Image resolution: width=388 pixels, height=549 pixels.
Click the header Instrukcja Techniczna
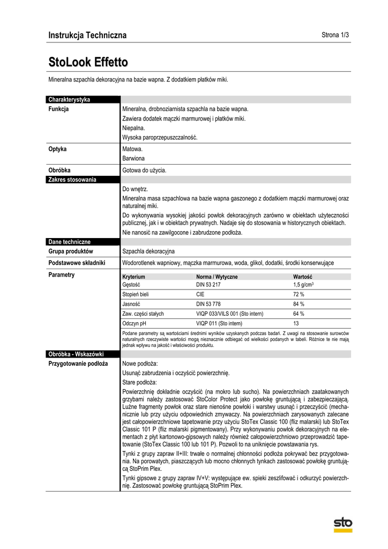87,35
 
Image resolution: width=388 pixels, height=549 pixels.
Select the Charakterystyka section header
69,100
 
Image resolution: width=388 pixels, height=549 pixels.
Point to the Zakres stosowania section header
72,180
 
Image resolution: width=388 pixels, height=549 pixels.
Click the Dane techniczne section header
70,242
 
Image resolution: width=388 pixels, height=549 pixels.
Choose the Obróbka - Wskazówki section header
76,354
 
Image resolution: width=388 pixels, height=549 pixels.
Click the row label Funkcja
58,109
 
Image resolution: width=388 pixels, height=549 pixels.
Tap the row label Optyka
57,149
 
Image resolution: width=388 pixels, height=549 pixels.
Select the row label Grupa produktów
71,251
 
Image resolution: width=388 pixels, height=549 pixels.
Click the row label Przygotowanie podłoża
78,363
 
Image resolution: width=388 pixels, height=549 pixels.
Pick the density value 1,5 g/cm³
303,285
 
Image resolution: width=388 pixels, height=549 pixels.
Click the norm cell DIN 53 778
208,304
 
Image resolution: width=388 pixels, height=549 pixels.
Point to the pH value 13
296,323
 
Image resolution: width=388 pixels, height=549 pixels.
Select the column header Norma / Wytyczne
217,277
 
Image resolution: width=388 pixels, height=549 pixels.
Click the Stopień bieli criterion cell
136,294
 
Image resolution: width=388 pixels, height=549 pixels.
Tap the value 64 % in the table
299,314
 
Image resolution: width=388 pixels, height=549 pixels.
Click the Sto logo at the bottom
342,523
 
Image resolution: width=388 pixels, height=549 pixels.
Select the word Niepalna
133,128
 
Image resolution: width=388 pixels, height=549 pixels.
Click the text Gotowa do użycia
144,170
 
